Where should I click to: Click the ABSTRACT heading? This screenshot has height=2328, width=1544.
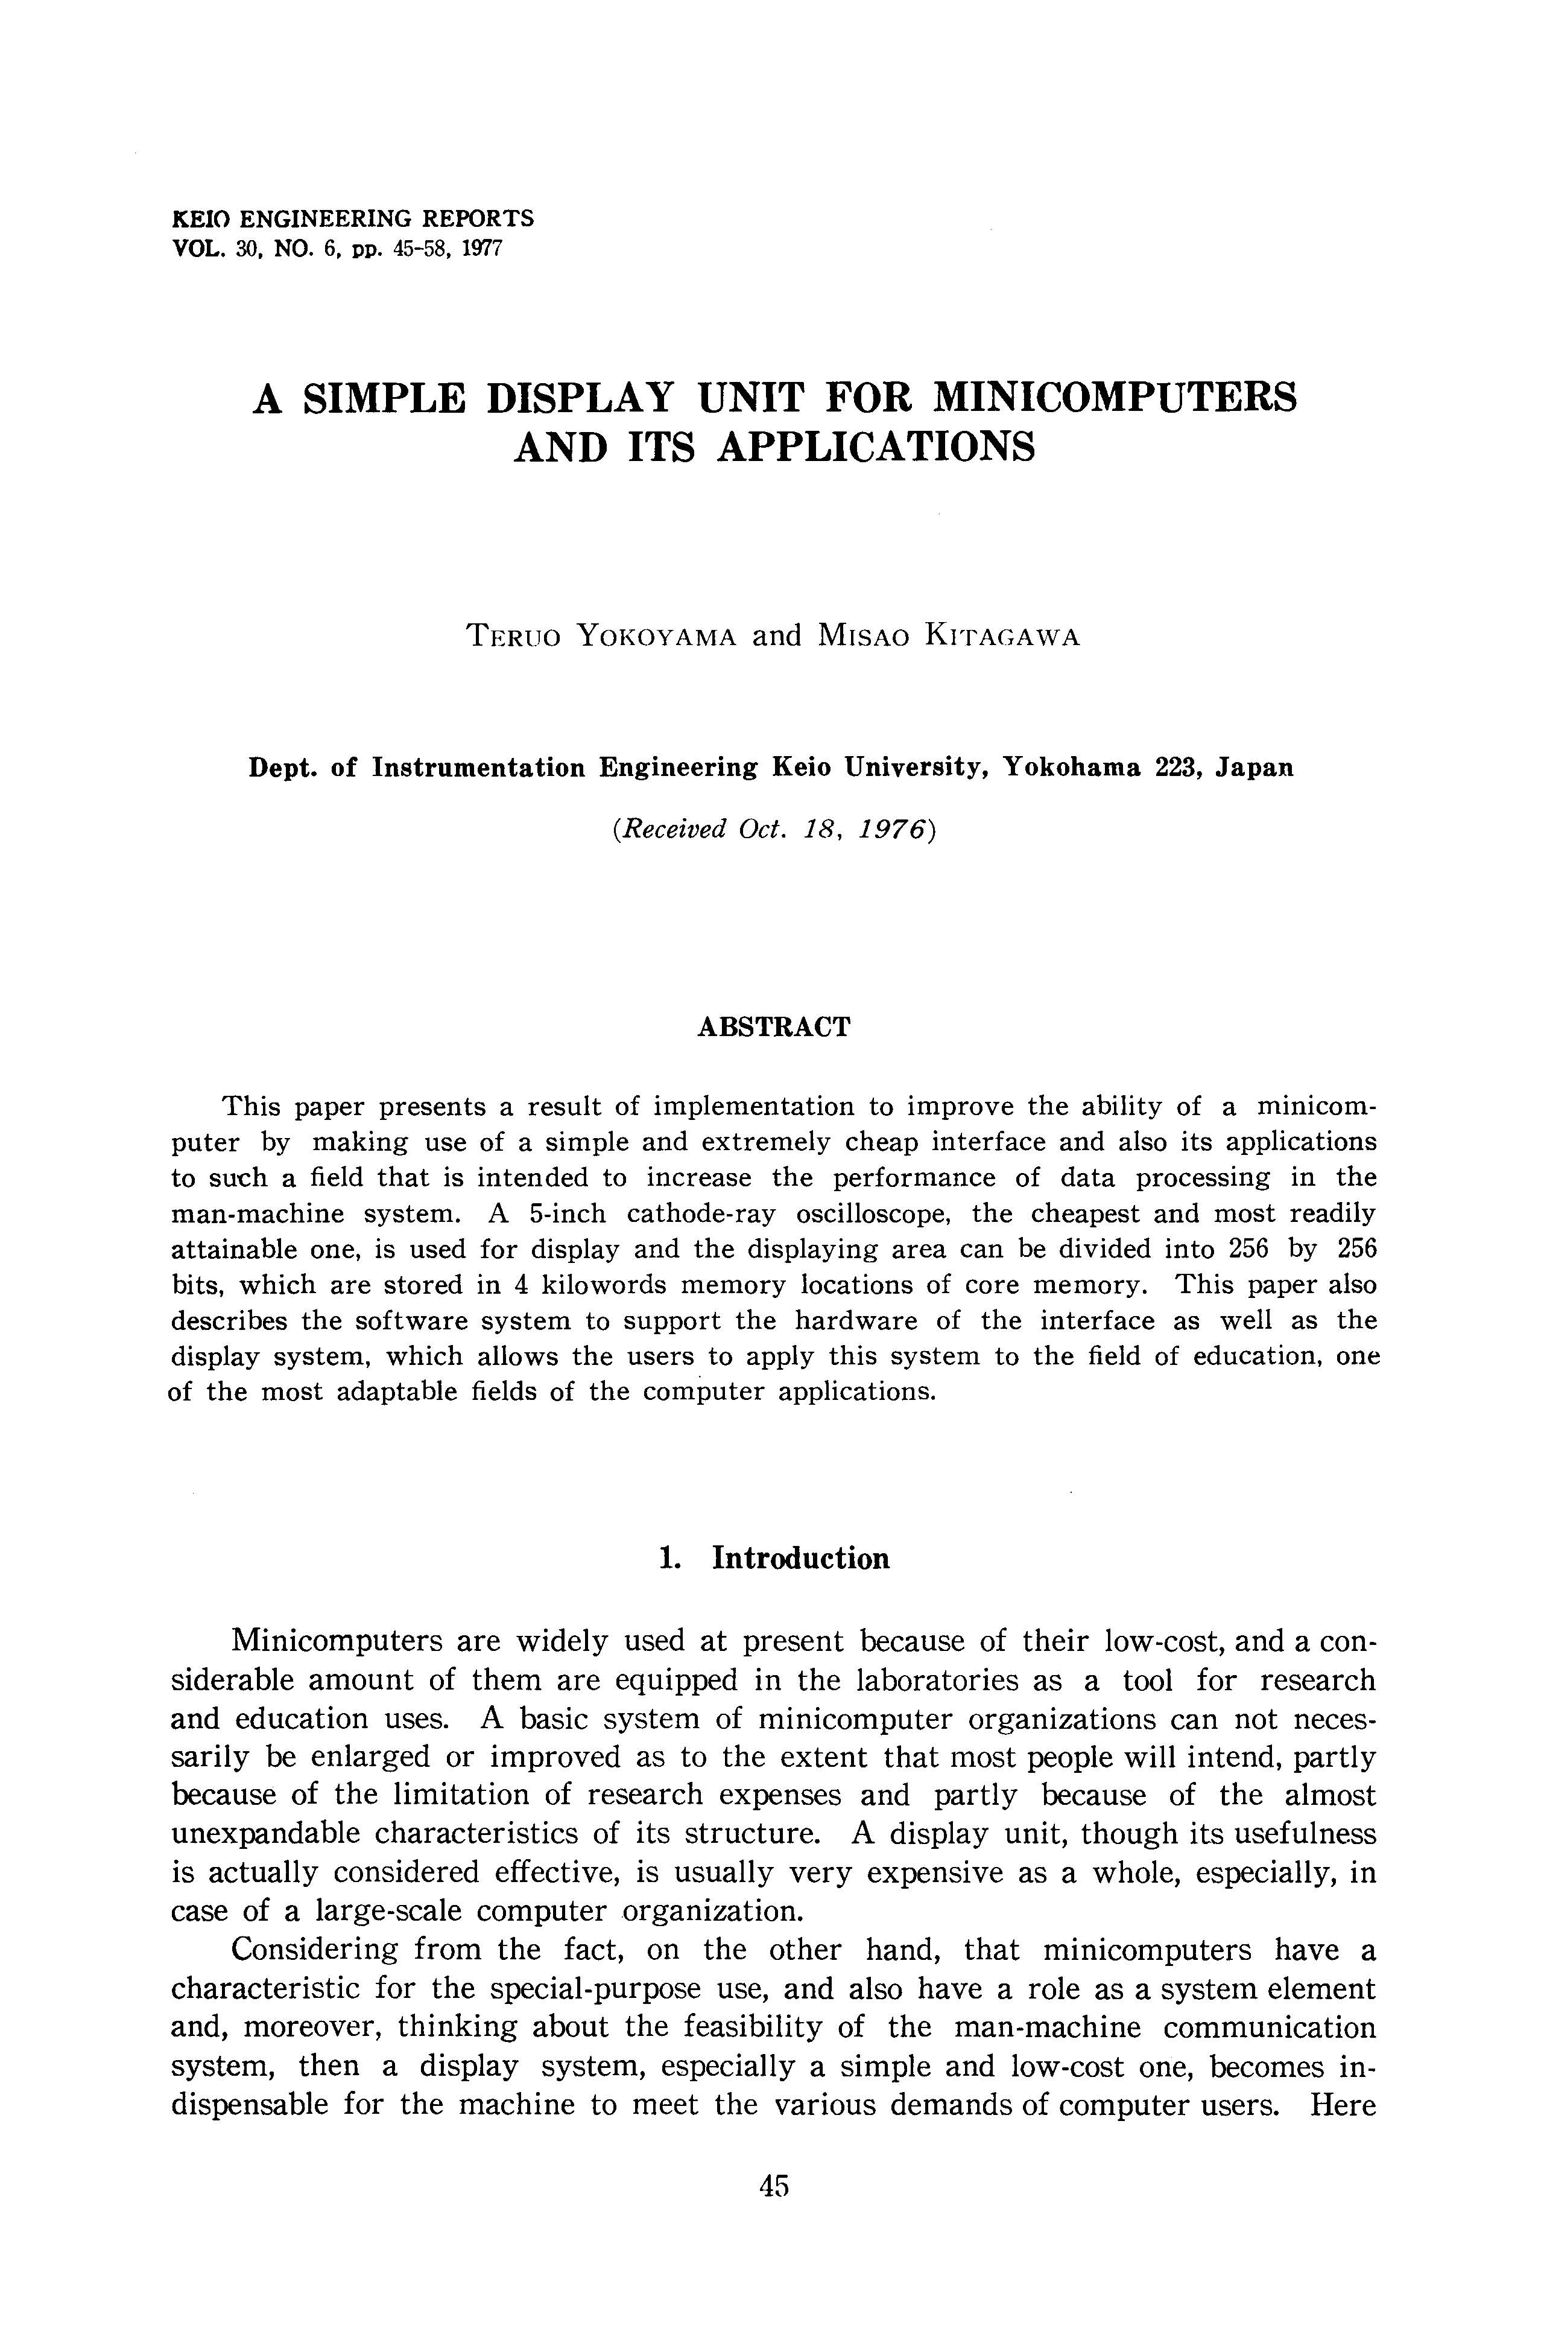[773, 1028]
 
